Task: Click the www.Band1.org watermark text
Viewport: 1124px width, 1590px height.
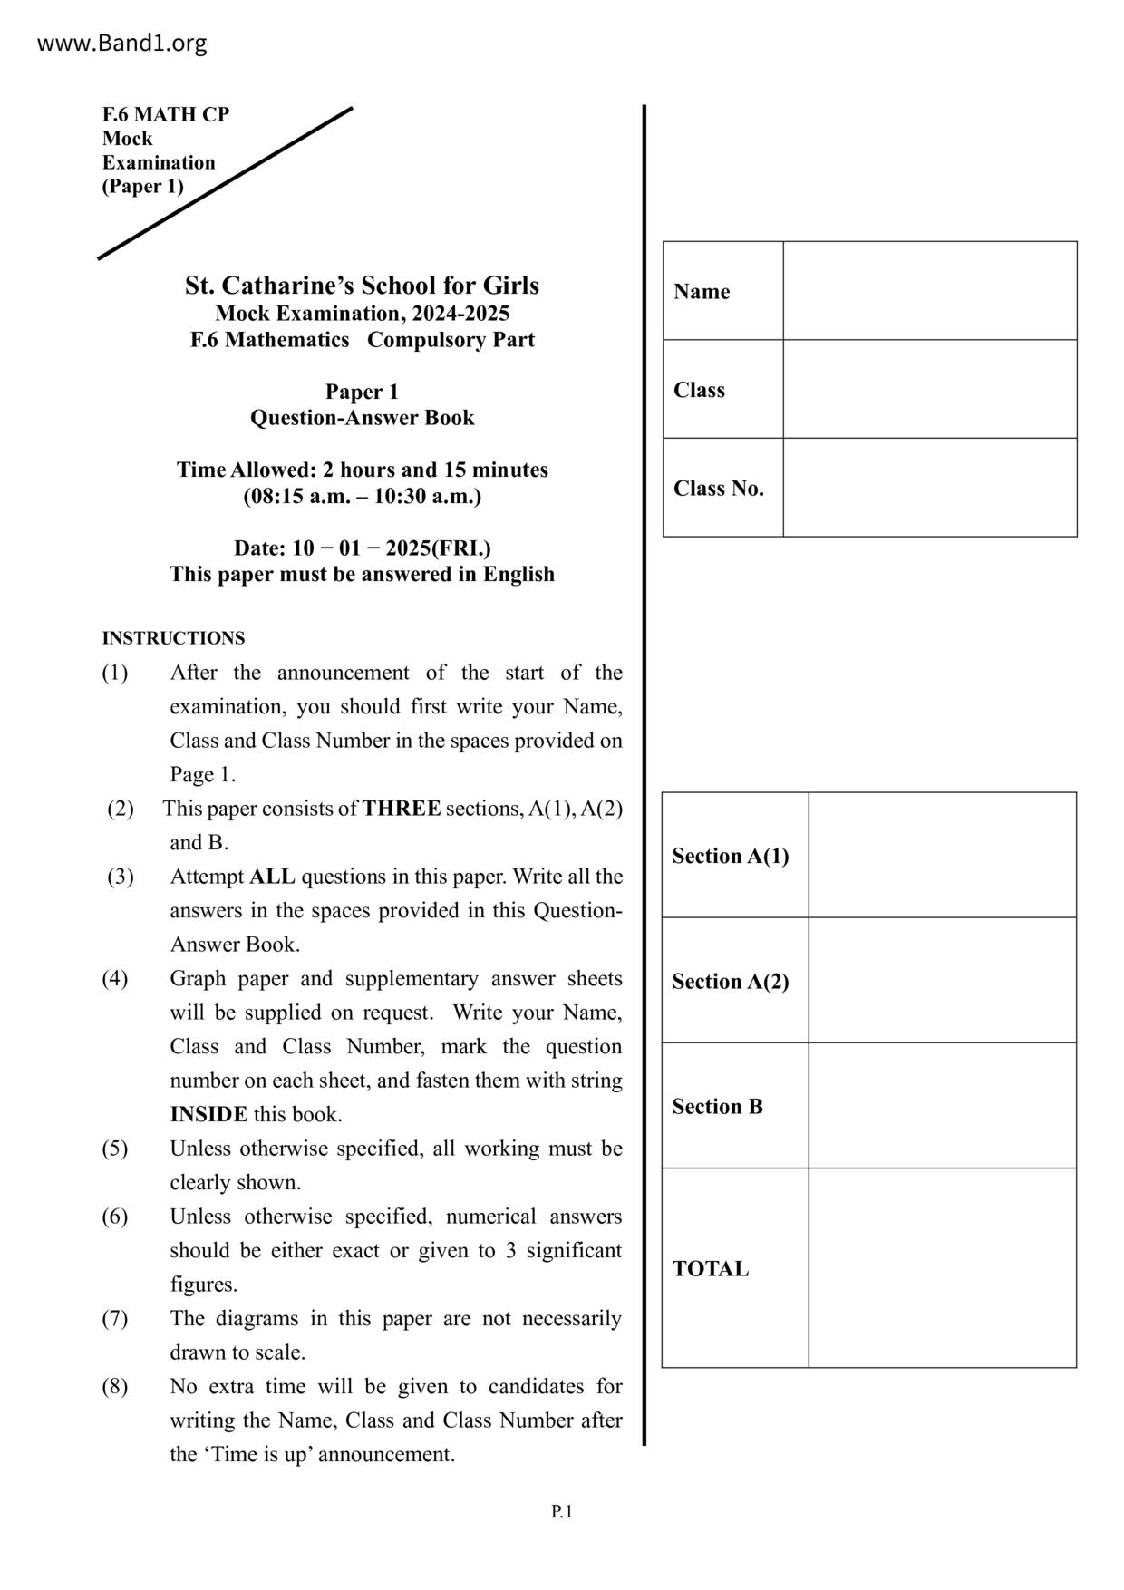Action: point(121,43)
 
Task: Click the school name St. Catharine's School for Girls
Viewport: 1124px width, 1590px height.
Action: point(362,286)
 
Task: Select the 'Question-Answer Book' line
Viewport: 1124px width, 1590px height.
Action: point(362,418)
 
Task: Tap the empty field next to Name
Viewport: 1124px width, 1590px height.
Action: point(929,291)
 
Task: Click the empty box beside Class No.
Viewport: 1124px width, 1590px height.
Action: point(929,488)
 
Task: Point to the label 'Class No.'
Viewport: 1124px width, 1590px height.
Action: point(718,489)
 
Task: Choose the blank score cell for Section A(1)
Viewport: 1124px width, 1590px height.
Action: point(942,855)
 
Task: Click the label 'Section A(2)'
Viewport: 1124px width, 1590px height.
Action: point(730,981)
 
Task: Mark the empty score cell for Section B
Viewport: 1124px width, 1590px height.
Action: point(942,1106)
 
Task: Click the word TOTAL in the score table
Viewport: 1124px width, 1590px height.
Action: point(711,1269)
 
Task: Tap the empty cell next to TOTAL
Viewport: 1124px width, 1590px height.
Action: point(942,1267)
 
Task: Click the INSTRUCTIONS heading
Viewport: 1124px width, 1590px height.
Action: point(173,638)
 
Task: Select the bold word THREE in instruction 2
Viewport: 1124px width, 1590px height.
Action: point(402,809)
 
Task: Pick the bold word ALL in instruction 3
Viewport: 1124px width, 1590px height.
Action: point(272,877)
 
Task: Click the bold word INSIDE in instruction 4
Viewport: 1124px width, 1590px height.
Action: point(208,1115)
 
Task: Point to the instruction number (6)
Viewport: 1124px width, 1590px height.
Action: point(114,1217)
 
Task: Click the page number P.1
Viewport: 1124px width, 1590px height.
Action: point(561,1511)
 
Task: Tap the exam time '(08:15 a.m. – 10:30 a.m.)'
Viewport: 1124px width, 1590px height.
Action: point(362,497)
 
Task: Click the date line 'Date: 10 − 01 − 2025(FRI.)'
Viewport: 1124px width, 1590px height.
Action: point(362,548)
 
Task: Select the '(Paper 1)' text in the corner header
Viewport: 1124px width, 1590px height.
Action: point(142,187)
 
